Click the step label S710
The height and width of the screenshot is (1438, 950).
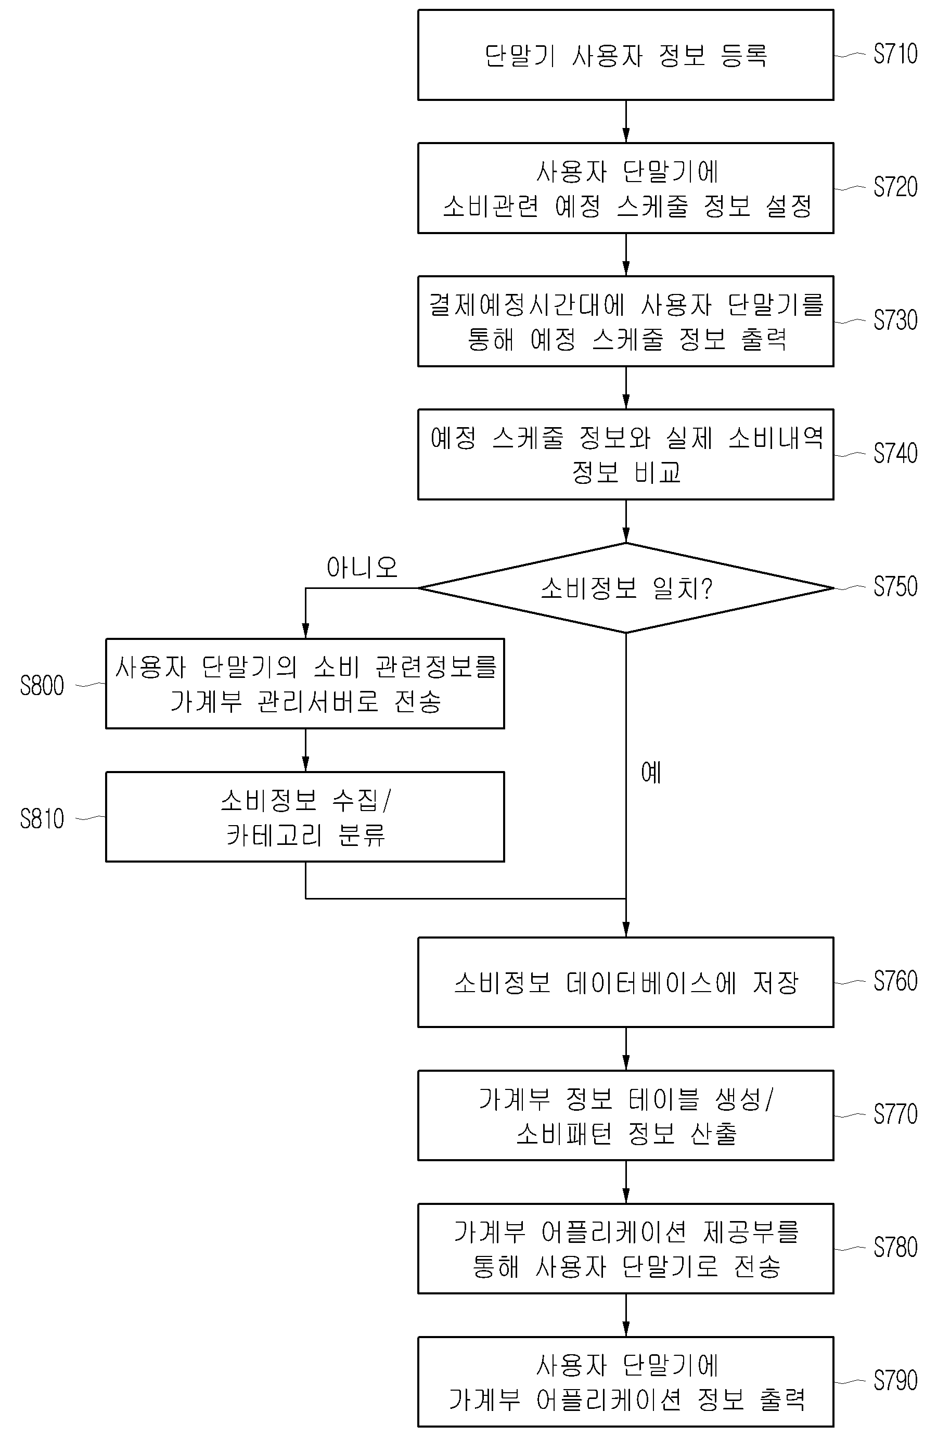click(895, 54)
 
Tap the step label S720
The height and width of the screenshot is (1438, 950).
click(895, 187)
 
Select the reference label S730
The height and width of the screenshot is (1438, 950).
click(895, 320)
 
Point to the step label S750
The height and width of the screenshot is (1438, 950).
click(895, 587)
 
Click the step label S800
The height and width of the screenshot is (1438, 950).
click(42, 686)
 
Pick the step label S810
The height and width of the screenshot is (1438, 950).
click(42, 819)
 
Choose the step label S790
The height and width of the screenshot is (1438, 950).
click(895, 1380)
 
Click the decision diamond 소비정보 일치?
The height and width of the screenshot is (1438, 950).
click(626, 587)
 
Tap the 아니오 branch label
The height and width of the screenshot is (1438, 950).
click(362, 568)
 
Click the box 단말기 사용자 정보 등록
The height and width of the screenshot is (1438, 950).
click(626, 55)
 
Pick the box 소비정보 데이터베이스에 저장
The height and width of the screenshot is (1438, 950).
click(626, 982)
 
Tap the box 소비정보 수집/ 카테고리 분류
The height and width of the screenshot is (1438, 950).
click(305, 816)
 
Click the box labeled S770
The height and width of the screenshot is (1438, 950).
click(626, 1116)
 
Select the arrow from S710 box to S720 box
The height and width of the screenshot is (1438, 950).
click(626, 121)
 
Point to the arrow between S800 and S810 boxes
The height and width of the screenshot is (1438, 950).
click(305, 750)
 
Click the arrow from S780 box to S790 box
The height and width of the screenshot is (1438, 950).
click(626, 1316)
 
